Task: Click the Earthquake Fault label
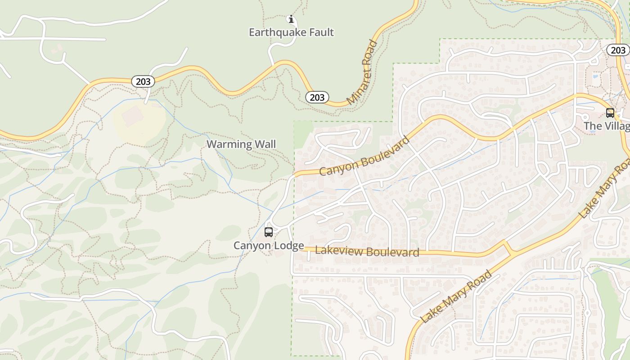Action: tap(291, 32)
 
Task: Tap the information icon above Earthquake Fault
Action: tap(291, 19)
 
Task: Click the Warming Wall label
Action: tap(241, 144)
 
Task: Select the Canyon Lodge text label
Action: tap(269, 246)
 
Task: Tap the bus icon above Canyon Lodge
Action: tap(269, 232)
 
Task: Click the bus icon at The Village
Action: tap(610, 113)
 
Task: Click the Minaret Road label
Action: tap(362, 72)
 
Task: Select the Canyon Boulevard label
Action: tap(364, 156)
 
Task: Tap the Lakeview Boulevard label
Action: tap(367, 252)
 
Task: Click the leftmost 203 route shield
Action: tap(143, 81)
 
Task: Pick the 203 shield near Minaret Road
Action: tap(317, 97)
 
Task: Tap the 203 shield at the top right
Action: tap(618, 50)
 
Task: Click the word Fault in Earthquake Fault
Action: tap(318, 32)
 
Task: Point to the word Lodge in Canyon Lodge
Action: tap(288, 246)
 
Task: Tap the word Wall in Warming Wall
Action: tap(265, 144)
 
